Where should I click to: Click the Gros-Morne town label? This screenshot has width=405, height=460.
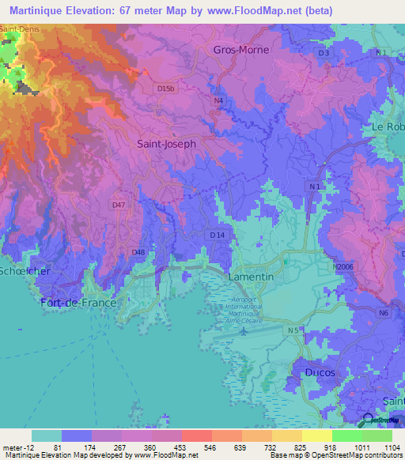(x=241, y=49)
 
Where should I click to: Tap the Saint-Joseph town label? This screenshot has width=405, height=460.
(x=166, y=145)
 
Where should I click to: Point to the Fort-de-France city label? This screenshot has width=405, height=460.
(x=78, y=303)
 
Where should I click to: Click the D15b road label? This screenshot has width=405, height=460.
(x=165, y=89)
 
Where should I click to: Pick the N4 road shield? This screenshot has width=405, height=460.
(x=218, y=100)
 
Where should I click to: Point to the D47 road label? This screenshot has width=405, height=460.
(x=119, y=205)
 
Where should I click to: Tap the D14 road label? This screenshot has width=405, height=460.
(x=218, y=235)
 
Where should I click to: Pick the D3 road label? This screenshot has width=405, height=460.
(x=323, y=53)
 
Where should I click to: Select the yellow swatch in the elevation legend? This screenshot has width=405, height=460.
(x=316, y=435)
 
